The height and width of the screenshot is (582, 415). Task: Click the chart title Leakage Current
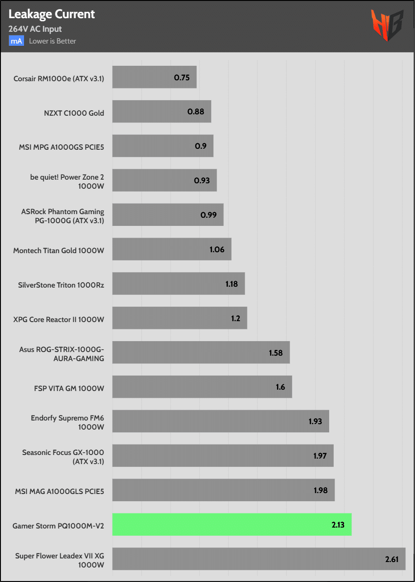click(52, 15)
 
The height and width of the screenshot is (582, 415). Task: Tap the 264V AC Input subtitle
click(35, 29)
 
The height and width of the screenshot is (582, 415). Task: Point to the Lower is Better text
click(52, 41)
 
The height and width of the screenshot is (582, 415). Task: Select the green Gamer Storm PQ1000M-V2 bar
click(232, 524)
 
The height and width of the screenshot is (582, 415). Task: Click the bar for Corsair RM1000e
click(154, 77)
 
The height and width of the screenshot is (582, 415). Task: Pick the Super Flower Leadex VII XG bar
click(258, 559)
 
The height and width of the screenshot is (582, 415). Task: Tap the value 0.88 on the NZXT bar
click(196, 112)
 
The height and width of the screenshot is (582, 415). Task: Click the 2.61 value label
click(391, 559)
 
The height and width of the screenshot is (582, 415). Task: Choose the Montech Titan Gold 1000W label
click(59, 249)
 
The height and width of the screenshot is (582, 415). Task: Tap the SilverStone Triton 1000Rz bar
click(178, 284)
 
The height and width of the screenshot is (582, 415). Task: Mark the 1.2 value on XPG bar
click(235, 318)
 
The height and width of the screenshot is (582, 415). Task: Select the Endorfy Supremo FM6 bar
click(220, 421)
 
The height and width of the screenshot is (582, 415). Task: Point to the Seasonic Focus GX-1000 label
click(63, 456)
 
